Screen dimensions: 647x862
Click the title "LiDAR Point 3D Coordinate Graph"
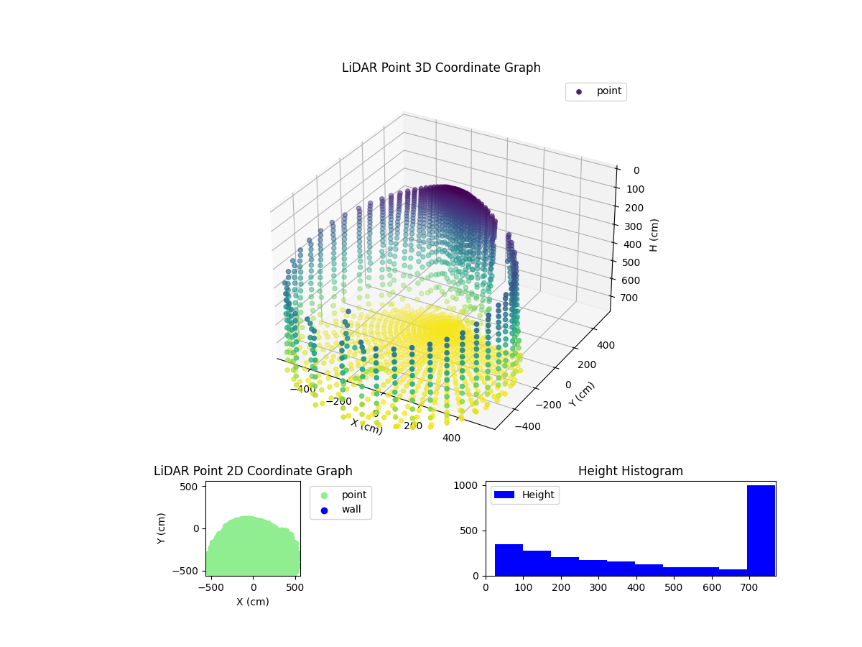click(x=441, y=68)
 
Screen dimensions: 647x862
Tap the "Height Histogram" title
click(x=630, y=471)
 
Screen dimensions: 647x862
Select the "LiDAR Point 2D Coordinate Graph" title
click(x=253, y=471)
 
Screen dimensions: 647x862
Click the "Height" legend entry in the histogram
click(x=524, y=495)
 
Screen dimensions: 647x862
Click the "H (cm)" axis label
click(x=654, y=235)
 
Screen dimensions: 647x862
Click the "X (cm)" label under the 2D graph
click(x=253, y=602)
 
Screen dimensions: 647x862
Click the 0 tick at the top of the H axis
click(x=636, y=170)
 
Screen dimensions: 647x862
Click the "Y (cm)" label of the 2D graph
click(x=162, y=528)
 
